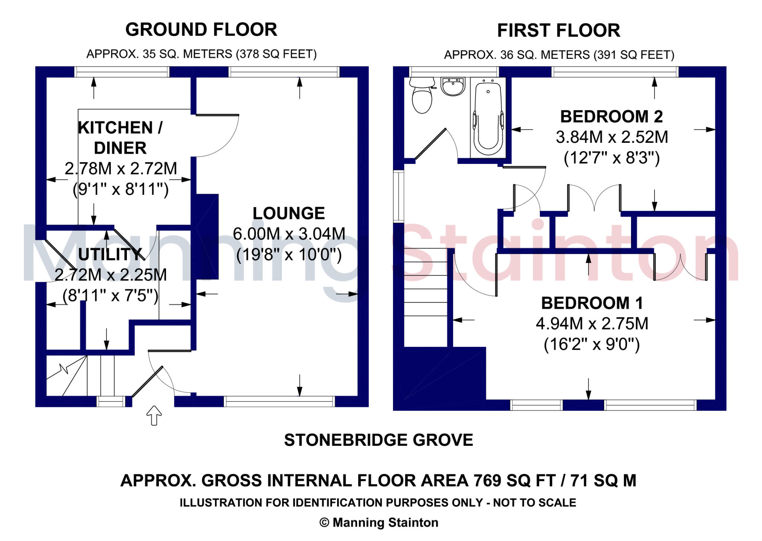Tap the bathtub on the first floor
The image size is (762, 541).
488,117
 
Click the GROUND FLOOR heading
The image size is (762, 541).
201,30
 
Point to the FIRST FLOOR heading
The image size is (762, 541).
558,30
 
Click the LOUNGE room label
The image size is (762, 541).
289,213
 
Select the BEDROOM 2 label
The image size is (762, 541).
612,117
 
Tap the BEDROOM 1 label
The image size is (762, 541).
592,303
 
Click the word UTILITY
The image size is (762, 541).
110,254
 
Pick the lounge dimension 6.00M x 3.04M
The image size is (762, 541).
289,234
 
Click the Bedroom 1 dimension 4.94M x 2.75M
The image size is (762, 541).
592,323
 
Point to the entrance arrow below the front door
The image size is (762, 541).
154,415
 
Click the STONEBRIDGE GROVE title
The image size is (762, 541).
378,440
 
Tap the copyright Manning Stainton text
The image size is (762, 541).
379,522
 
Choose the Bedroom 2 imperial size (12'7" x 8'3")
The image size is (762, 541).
612,158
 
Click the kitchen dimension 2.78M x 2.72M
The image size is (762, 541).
121,168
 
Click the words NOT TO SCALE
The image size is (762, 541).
534,503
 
